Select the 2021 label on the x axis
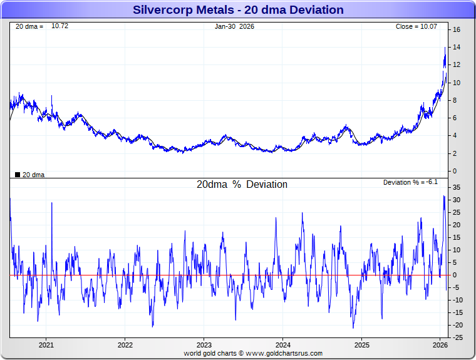[46, 344]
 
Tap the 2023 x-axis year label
[204, 344]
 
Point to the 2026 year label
[440, 344]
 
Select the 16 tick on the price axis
[457, 29]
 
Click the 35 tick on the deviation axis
[457, 187]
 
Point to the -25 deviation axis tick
[458, 337]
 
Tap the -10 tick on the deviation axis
[458, 300]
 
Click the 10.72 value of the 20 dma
[59, 26]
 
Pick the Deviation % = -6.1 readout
[410, 182]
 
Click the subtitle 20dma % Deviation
[242, 185]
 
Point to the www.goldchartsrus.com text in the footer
[283, 353]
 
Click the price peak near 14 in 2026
[445, 48]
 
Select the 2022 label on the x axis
[125, 344]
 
